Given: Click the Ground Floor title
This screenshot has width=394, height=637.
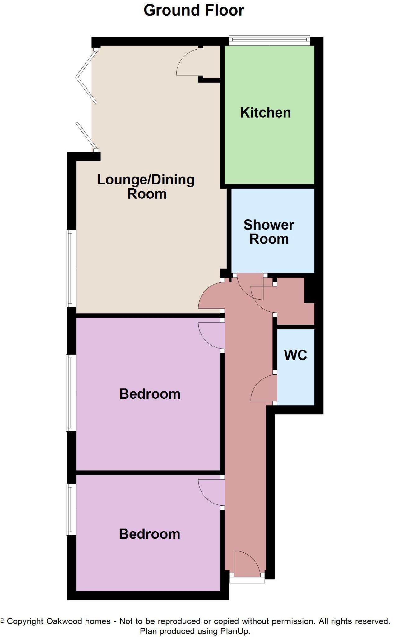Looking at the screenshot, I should click(194, 10).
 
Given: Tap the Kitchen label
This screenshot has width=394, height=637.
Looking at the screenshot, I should click(265, 113).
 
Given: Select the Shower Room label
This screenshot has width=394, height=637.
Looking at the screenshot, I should click(269, 232).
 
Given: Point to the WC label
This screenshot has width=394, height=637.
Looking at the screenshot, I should click(295, 355).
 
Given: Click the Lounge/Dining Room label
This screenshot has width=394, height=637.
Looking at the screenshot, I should click(146, 187).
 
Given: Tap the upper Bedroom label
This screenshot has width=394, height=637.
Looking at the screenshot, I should click(150, 394).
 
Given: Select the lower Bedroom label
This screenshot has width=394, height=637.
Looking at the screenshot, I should click(150, 534).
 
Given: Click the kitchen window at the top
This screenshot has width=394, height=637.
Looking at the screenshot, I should click(270, 39).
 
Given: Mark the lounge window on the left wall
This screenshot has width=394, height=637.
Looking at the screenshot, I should click(71, 268).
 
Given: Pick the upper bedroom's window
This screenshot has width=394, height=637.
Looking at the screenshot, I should click(71, 393).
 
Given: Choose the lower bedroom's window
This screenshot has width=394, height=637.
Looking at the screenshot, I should click(71, 509).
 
